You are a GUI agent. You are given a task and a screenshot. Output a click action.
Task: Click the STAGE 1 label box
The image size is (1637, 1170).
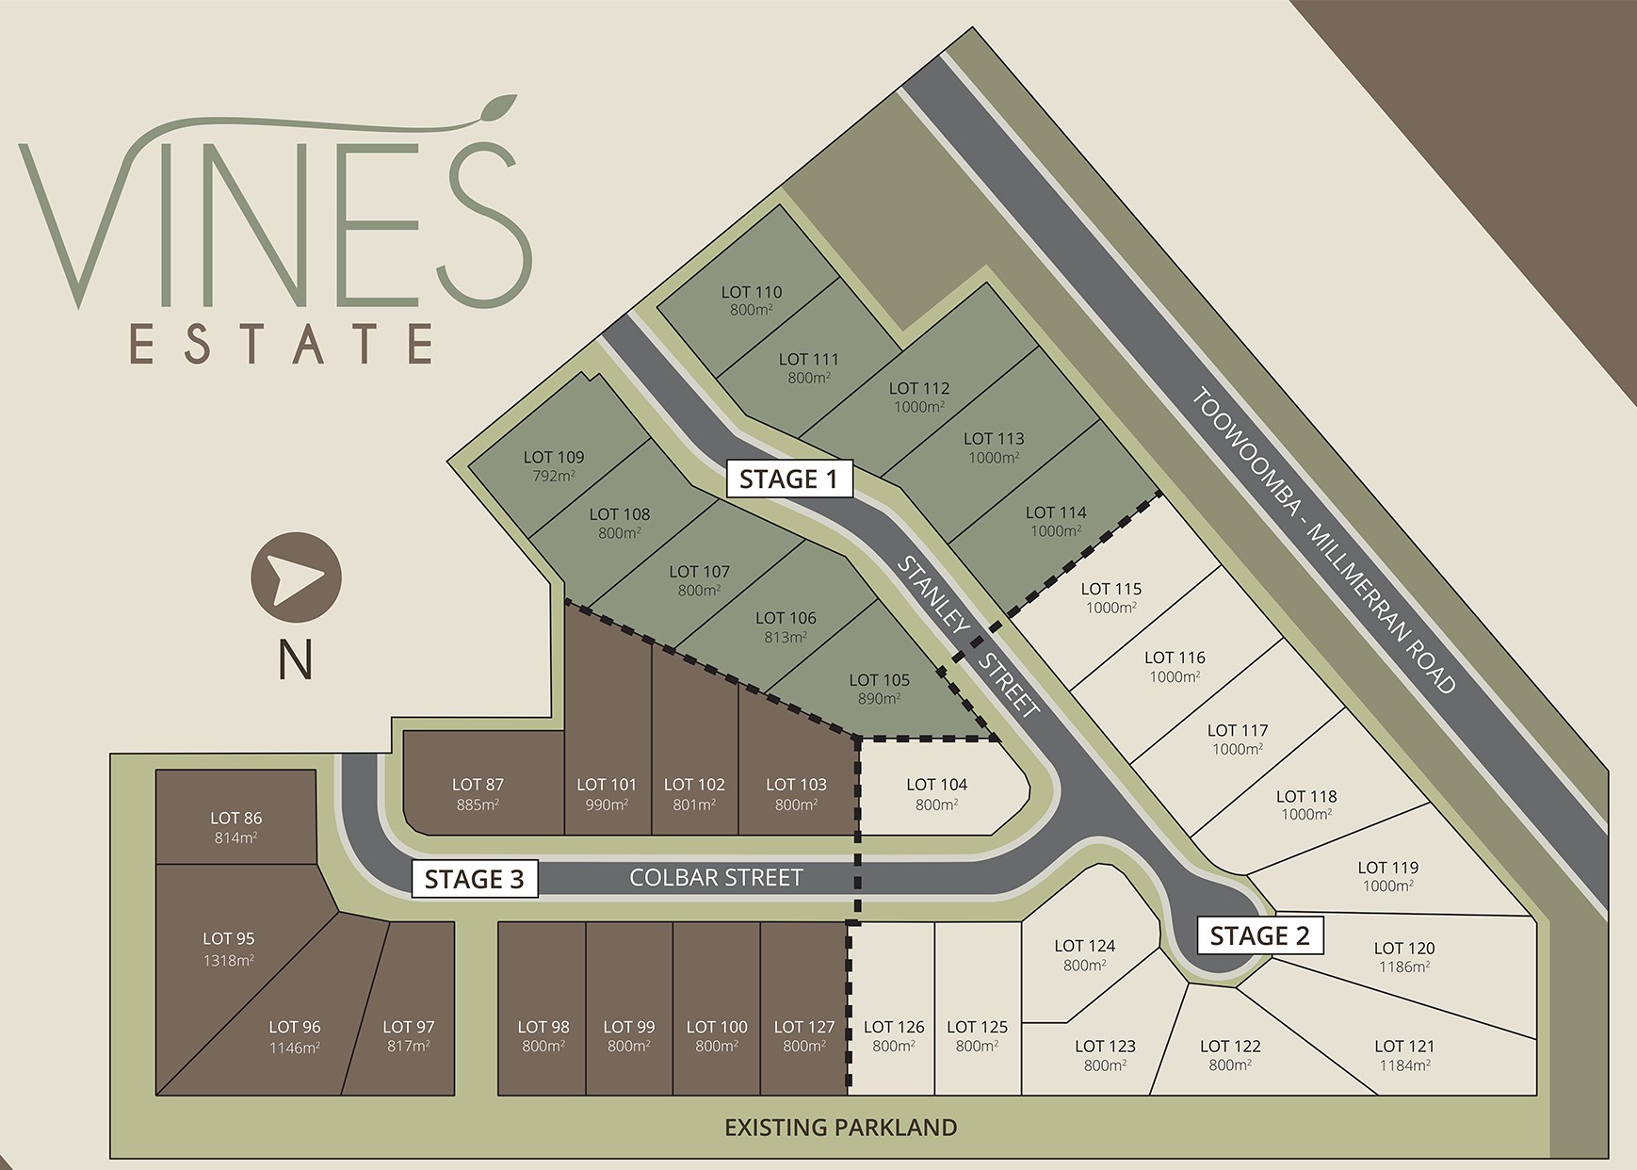coord(788,479)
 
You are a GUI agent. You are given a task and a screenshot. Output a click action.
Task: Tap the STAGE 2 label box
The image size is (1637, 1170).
coord(1259,935)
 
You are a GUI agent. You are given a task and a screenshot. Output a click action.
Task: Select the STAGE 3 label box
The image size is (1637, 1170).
coord(474,879)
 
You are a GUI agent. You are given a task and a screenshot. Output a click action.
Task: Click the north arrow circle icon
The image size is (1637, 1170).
coord(296,577)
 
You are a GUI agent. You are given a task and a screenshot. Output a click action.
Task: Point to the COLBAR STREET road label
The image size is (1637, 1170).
coord(716,878)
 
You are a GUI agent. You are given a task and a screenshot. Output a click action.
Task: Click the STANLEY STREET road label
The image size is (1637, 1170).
coord(968,636)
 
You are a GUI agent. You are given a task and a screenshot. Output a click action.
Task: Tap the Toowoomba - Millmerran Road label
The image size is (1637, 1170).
coord(1324,541)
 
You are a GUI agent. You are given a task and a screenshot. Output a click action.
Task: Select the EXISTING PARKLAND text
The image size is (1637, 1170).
coord(840,1127)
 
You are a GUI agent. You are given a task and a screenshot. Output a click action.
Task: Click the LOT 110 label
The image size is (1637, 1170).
coord(752,292)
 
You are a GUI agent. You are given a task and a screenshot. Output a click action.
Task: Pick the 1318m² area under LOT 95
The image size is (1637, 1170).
coord(229,960)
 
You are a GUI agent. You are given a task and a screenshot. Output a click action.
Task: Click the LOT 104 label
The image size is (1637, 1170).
coord(936,785)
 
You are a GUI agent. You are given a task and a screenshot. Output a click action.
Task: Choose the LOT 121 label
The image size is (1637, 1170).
coord(1403,1046)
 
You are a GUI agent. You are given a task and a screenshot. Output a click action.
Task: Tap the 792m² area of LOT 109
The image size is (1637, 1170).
coord(554,476)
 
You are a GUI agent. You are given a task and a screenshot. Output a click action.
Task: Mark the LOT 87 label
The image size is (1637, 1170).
coord(478,785)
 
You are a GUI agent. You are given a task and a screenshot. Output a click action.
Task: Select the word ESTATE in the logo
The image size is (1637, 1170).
coord(282,343)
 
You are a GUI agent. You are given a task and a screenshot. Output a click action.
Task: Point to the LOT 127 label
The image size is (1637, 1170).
coord(803,1027)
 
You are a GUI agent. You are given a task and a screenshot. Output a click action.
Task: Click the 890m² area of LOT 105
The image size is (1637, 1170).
coord(879,698)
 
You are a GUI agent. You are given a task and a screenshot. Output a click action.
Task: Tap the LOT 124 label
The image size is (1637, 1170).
coord(1084,946)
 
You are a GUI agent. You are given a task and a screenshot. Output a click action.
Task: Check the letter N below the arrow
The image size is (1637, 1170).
coord(295,660)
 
